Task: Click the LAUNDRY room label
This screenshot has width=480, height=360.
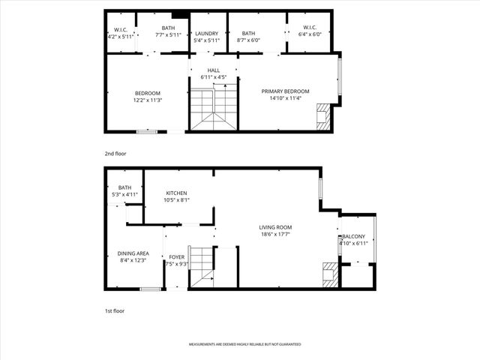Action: coord(207,34)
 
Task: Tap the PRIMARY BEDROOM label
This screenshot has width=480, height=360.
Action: coord(285,91)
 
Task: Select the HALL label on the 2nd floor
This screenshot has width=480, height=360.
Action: coord(214,70)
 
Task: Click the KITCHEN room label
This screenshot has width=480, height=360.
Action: coord(176,193)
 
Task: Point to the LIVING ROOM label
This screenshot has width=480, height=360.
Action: coord(275,227)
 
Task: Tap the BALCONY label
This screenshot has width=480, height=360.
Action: coord(353,237)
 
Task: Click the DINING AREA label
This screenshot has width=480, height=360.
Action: coord(133,253)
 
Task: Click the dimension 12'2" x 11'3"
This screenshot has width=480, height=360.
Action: coord(147,100)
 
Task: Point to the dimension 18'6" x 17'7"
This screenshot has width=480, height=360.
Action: coord(275,234)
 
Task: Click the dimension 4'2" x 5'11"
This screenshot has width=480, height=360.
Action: coord(120,35)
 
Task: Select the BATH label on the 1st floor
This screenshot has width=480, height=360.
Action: coord(124,188)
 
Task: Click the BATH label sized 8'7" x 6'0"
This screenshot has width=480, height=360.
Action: coord(248,34)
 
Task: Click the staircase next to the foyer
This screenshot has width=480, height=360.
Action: coord(201,266)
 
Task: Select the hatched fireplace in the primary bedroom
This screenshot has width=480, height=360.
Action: coord(323,118)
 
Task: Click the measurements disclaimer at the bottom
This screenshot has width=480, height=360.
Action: coord(244,344)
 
